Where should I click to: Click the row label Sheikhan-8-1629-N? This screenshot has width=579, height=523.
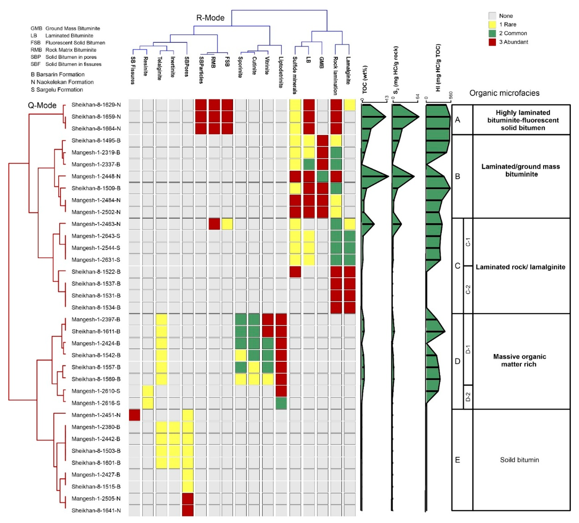[x=96, y=105]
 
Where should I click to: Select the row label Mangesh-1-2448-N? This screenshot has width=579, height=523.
[x=96, y=176]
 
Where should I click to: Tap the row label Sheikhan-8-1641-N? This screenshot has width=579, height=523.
[x=96, y=510]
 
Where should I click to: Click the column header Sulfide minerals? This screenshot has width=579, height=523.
[x=295, y=75]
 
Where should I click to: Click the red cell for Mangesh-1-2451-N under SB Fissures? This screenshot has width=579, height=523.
[x=134, y=415]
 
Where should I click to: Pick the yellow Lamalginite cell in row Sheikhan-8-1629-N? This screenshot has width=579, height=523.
[x=350, y=105]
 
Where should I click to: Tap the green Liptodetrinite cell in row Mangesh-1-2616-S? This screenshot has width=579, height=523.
[x=281, y=403]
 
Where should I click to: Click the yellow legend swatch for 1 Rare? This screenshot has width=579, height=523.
[x=492, y=24]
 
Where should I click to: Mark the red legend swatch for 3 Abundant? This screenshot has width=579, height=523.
[x=492, y=42]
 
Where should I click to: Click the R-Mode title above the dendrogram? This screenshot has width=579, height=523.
[x=210, y=18]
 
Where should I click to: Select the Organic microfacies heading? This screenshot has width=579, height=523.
[x=504, y=93]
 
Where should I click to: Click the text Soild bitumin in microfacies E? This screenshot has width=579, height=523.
[x=519, y=460]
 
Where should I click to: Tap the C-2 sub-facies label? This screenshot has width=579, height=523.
[x=468, y=289]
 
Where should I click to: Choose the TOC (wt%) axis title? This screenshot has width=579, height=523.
[x=365, y=80]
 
